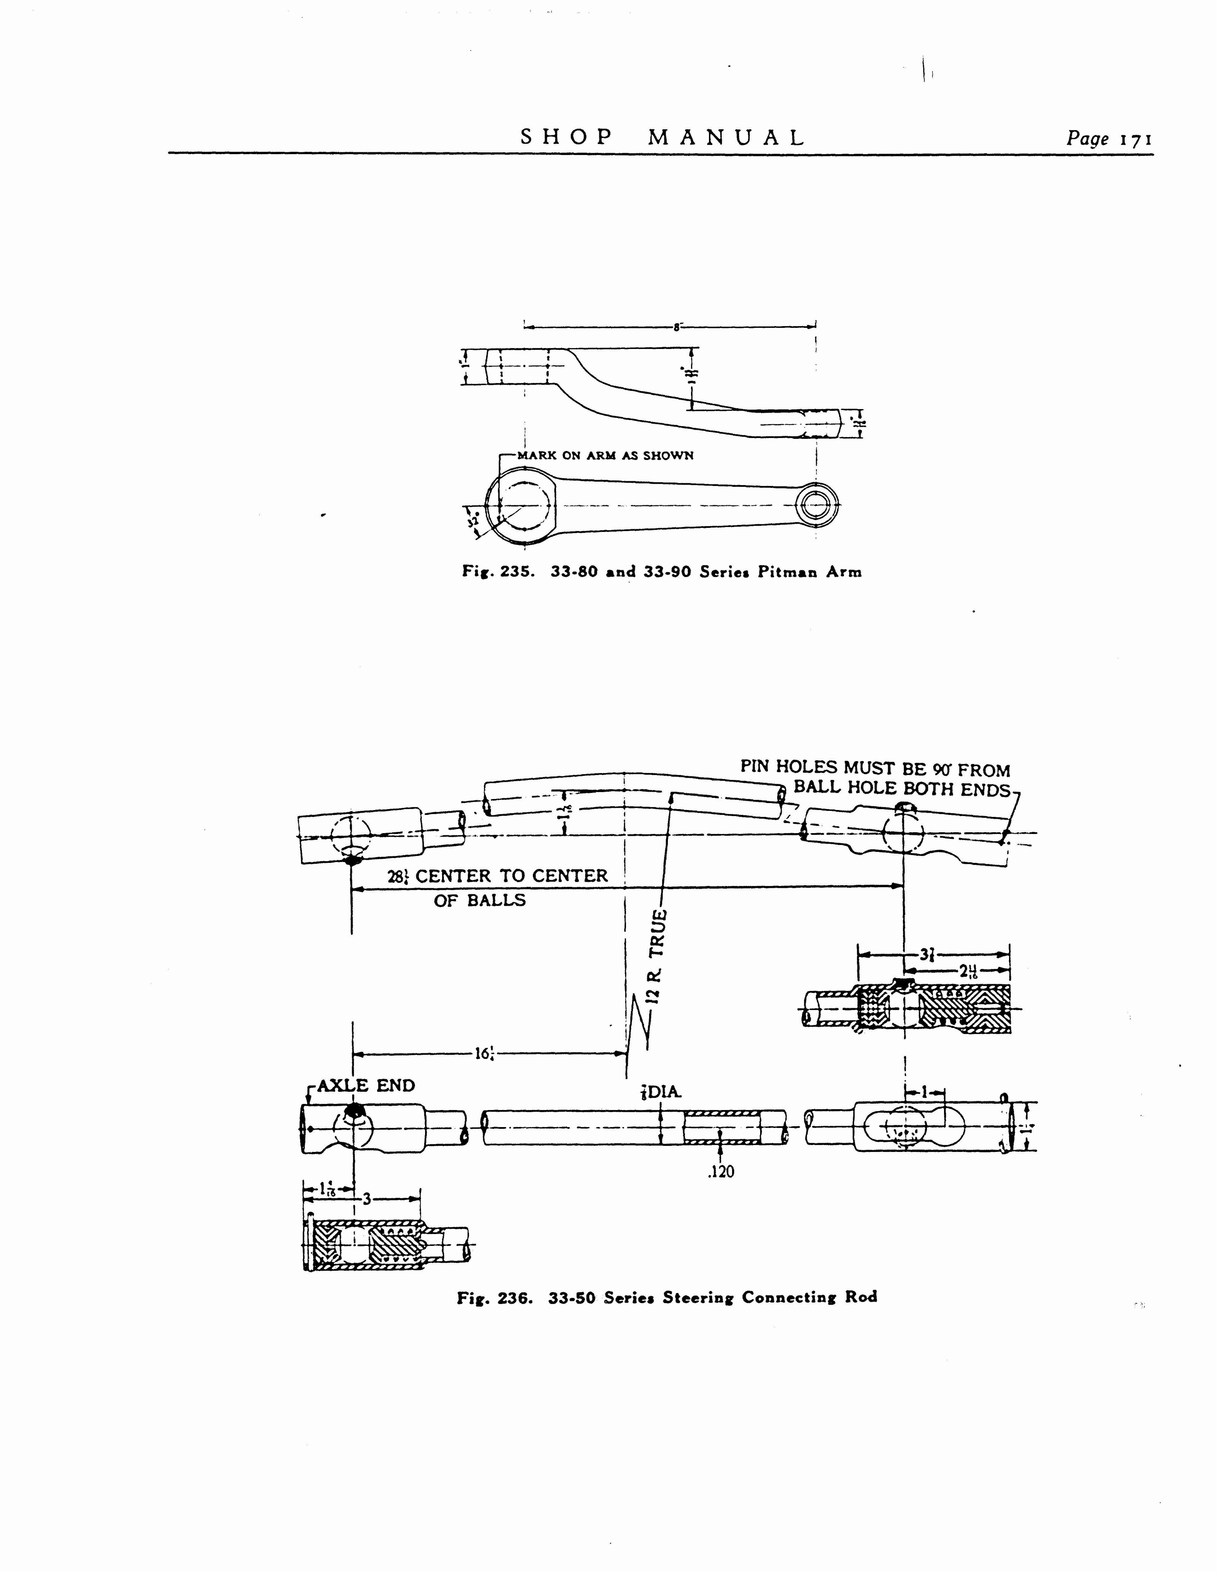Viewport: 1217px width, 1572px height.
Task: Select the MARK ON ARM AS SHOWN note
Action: click(x=605, y=455)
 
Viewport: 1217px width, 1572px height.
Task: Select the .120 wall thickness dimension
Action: click(x=721, y=1172)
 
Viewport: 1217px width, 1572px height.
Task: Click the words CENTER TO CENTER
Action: click(x=511, y=876)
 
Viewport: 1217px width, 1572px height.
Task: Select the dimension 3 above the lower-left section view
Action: click(x=366, y=1199)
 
